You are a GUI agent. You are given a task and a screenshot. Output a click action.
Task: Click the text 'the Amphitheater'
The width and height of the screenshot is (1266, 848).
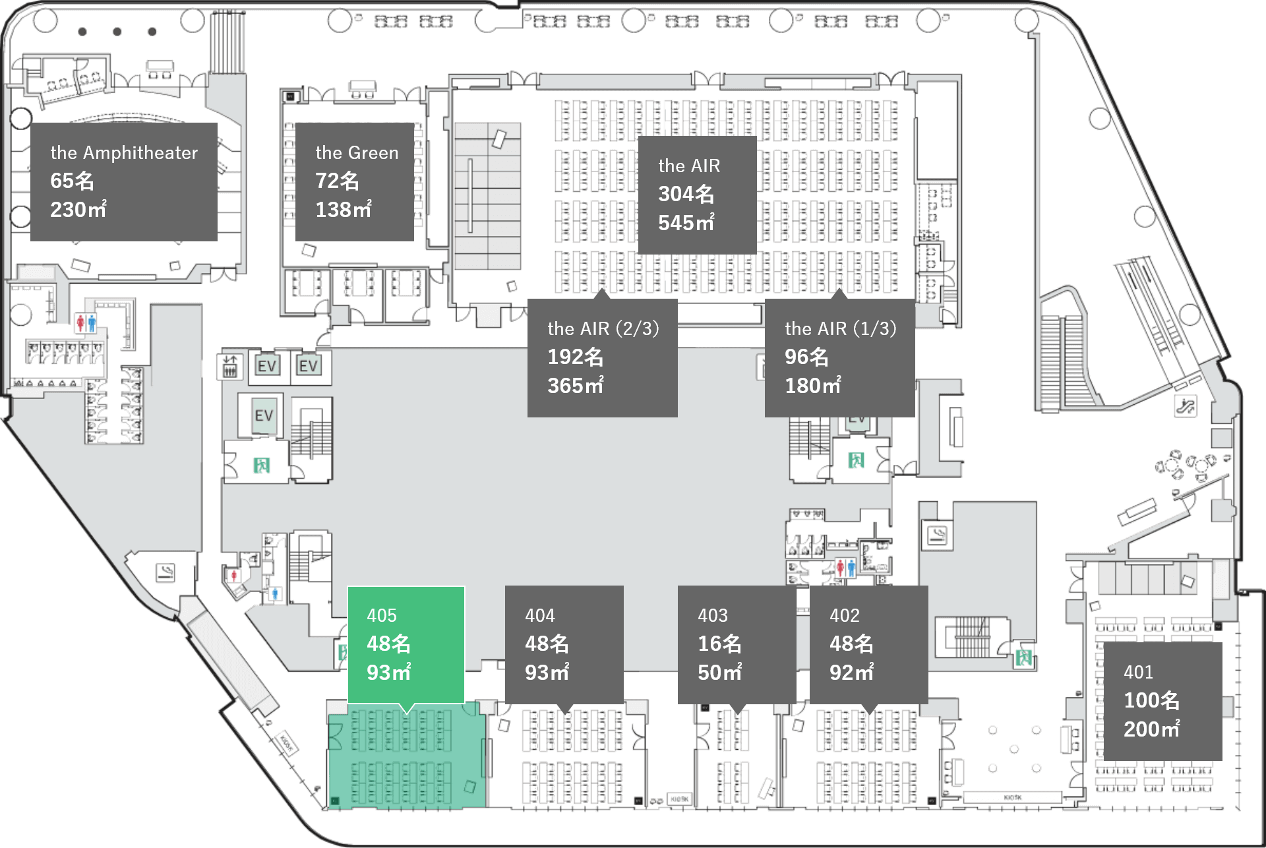[x=124, y=153]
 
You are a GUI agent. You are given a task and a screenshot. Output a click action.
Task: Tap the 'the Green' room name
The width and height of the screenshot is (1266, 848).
[x=357, y=153]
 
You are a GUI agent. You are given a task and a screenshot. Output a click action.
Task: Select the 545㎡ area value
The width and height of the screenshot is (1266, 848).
[x=686, y=223]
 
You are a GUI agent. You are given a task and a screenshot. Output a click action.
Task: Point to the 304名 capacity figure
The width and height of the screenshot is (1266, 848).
[x=686, y=194]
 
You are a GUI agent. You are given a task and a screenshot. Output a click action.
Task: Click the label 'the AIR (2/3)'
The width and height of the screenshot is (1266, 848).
[x=603, y=328]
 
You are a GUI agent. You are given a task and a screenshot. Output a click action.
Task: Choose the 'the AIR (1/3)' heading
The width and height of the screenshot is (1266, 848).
[x=840, y=328]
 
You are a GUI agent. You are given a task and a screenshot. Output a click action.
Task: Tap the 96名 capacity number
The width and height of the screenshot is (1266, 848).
[x=806, y=357]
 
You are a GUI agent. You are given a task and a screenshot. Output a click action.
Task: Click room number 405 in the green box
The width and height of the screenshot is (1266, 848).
[x=382, y=615]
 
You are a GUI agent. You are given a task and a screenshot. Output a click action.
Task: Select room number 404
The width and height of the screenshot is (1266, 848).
[x=540, y=615]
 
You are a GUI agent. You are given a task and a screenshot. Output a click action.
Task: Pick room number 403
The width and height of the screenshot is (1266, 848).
[x=713, y=615]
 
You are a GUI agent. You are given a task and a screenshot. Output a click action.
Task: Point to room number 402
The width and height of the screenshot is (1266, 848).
[x=845, y=615]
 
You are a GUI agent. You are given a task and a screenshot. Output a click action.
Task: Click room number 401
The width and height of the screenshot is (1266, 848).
[x=1138, y=672]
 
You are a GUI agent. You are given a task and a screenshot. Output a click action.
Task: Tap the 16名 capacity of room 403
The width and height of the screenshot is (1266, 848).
[x=719, y=644]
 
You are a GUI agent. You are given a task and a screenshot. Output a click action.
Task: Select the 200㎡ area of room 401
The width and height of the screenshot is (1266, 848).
[x=1151, y=729]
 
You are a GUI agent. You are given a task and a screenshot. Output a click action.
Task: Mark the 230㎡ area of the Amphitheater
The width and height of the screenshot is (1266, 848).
[x=78, y=210]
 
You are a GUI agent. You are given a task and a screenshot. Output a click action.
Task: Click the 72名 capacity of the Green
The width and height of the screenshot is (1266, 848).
[x=337, y=181]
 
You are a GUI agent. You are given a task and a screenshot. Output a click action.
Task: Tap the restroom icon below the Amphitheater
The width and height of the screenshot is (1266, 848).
[x=86, y=323]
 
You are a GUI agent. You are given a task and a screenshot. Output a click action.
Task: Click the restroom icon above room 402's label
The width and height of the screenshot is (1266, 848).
[x=845, y=567]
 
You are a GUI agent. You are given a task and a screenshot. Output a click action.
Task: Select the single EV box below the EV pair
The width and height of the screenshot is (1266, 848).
[x=264, y=415]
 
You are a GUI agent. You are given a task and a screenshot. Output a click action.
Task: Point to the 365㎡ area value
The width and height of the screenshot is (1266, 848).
[x=575, y=386]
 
